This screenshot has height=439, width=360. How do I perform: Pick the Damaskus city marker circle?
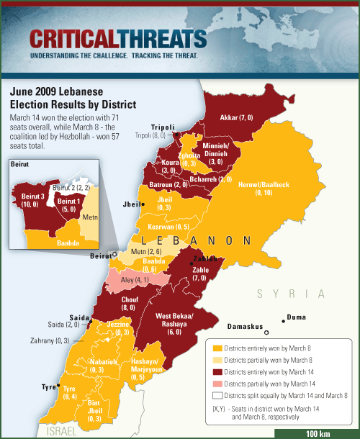tap(266, 332)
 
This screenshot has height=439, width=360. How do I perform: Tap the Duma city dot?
tap(283, 317)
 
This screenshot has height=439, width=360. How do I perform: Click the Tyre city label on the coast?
tap(48, 386)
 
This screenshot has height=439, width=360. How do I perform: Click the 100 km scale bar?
tap(317, 433)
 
